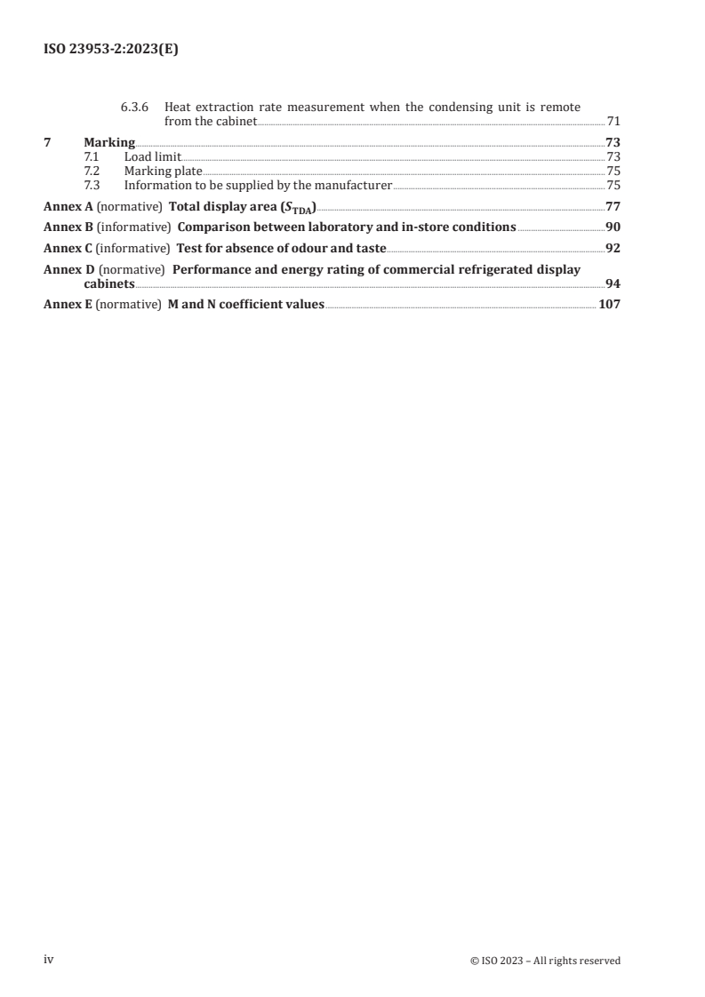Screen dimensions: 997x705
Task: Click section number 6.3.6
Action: coord(136,107)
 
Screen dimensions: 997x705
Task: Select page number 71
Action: coord(613,121)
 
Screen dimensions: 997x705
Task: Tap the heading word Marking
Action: coord(109,142)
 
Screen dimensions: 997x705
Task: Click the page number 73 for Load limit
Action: coord(613,156)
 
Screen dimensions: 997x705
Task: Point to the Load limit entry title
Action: coord(152,156)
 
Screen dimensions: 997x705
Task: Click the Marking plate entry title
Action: coord(163,171)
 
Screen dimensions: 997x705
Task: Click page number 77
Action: coord(613,206)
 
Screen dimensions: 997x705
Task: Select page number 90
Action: coord(613,227)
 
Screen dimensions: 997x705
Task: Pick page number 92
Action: coord(613,248)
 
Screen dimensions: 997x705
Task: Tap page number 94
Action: coord(613,283)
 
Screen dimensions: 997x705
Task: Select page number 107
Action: coord(609,304)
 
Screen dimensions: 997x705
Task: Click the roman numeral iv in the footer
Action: coord(49,960)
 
